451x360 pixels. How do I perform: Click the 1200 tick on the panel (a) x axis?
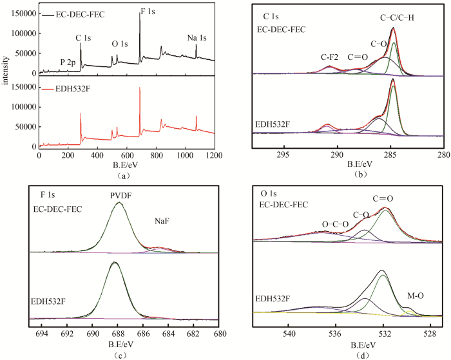tap(215, 155)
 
